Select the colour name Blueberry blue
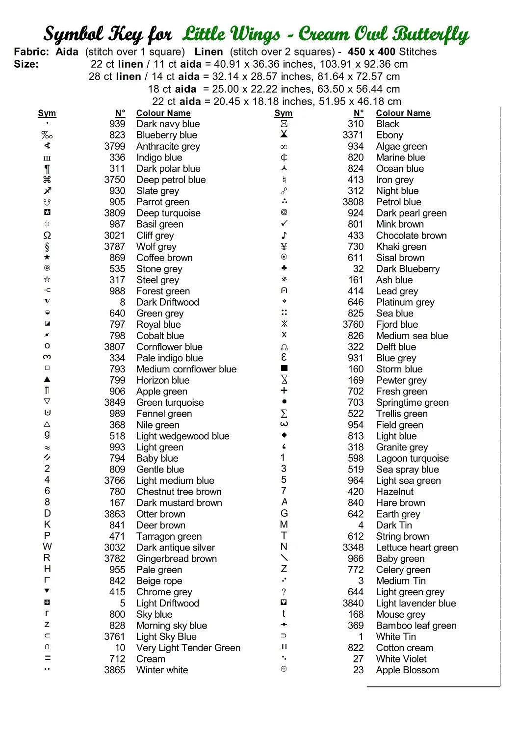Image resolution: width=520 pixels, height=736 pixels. (x=166, y=135)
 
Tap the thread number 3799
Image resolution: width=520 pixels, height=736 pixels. (x=114, y=146)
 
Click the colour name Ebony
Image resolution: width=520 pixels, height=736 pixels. (x=389, y=135)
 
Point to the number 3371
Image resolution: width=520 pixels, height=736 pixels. (x=353, y=135)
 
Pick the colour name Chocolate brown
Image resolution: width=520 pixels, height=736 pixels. (x=411, y=236)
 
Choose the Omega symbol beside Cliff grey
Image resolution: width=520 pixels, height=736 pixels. (x=47, y=236)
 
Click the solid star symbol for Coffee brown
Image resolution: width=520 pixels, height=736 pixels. (x=47, y=257)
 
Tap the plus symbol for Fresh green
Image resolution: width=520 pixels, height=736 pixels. (x=284, y=391)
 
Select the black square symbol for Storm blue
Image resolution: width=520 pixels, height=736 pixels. (x=284, y=368)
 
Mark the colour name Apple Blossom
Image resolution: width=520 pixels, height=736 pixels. (x=407, y=670)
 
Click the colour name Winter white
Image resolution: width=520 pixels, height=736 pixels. (x=162, y=670)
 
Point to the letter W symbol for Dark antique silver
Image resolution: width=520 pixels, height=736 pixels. (x=47, y=547)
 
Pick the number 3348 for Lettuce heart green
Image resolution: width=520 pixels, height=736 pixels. (x=353, y=548)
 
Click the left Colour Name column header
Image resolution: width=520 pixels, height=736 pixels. (x=163, y=113)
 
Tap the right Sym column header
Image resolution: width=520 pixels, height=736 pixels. (x=283, y=113)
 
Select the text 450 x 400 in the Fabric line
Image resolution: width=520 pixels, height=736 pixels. (x=371, y=52)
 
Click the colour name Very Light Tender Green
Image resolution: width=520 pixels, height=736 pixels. (x=188, y=648)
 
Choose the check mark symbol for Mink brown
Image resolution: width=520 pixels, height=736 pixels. (x=284, y=224)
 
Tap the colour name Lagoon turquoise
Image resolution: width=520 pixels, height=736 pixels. (x=412, y=458)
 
